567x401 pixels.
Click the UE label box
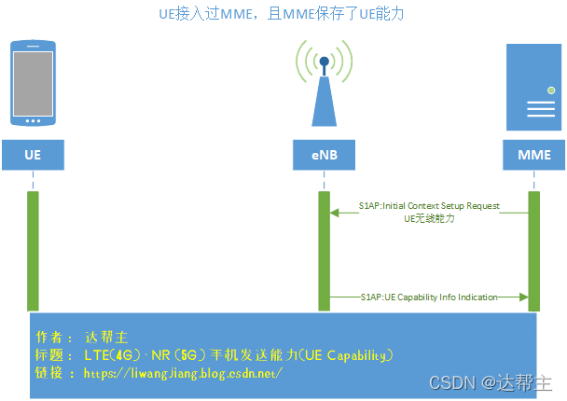point(33,155)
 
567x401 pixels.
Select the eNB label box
point(324,155)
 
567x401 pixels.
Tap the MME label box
point(533,155)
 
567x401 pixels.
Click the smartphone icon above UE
point(33,82)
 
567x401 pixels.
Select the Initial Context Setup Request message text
point(429,205)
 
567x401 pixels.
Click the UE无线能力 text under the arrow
point(429,219)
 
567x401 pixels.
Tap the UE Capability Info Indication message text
point(429,297)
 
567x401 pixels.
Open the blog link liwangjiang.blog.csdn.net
point(183,373)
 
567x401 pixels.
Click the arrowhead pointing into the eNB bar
point(334,213)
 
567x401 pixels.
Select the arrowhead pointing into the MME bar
point(524,297)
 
